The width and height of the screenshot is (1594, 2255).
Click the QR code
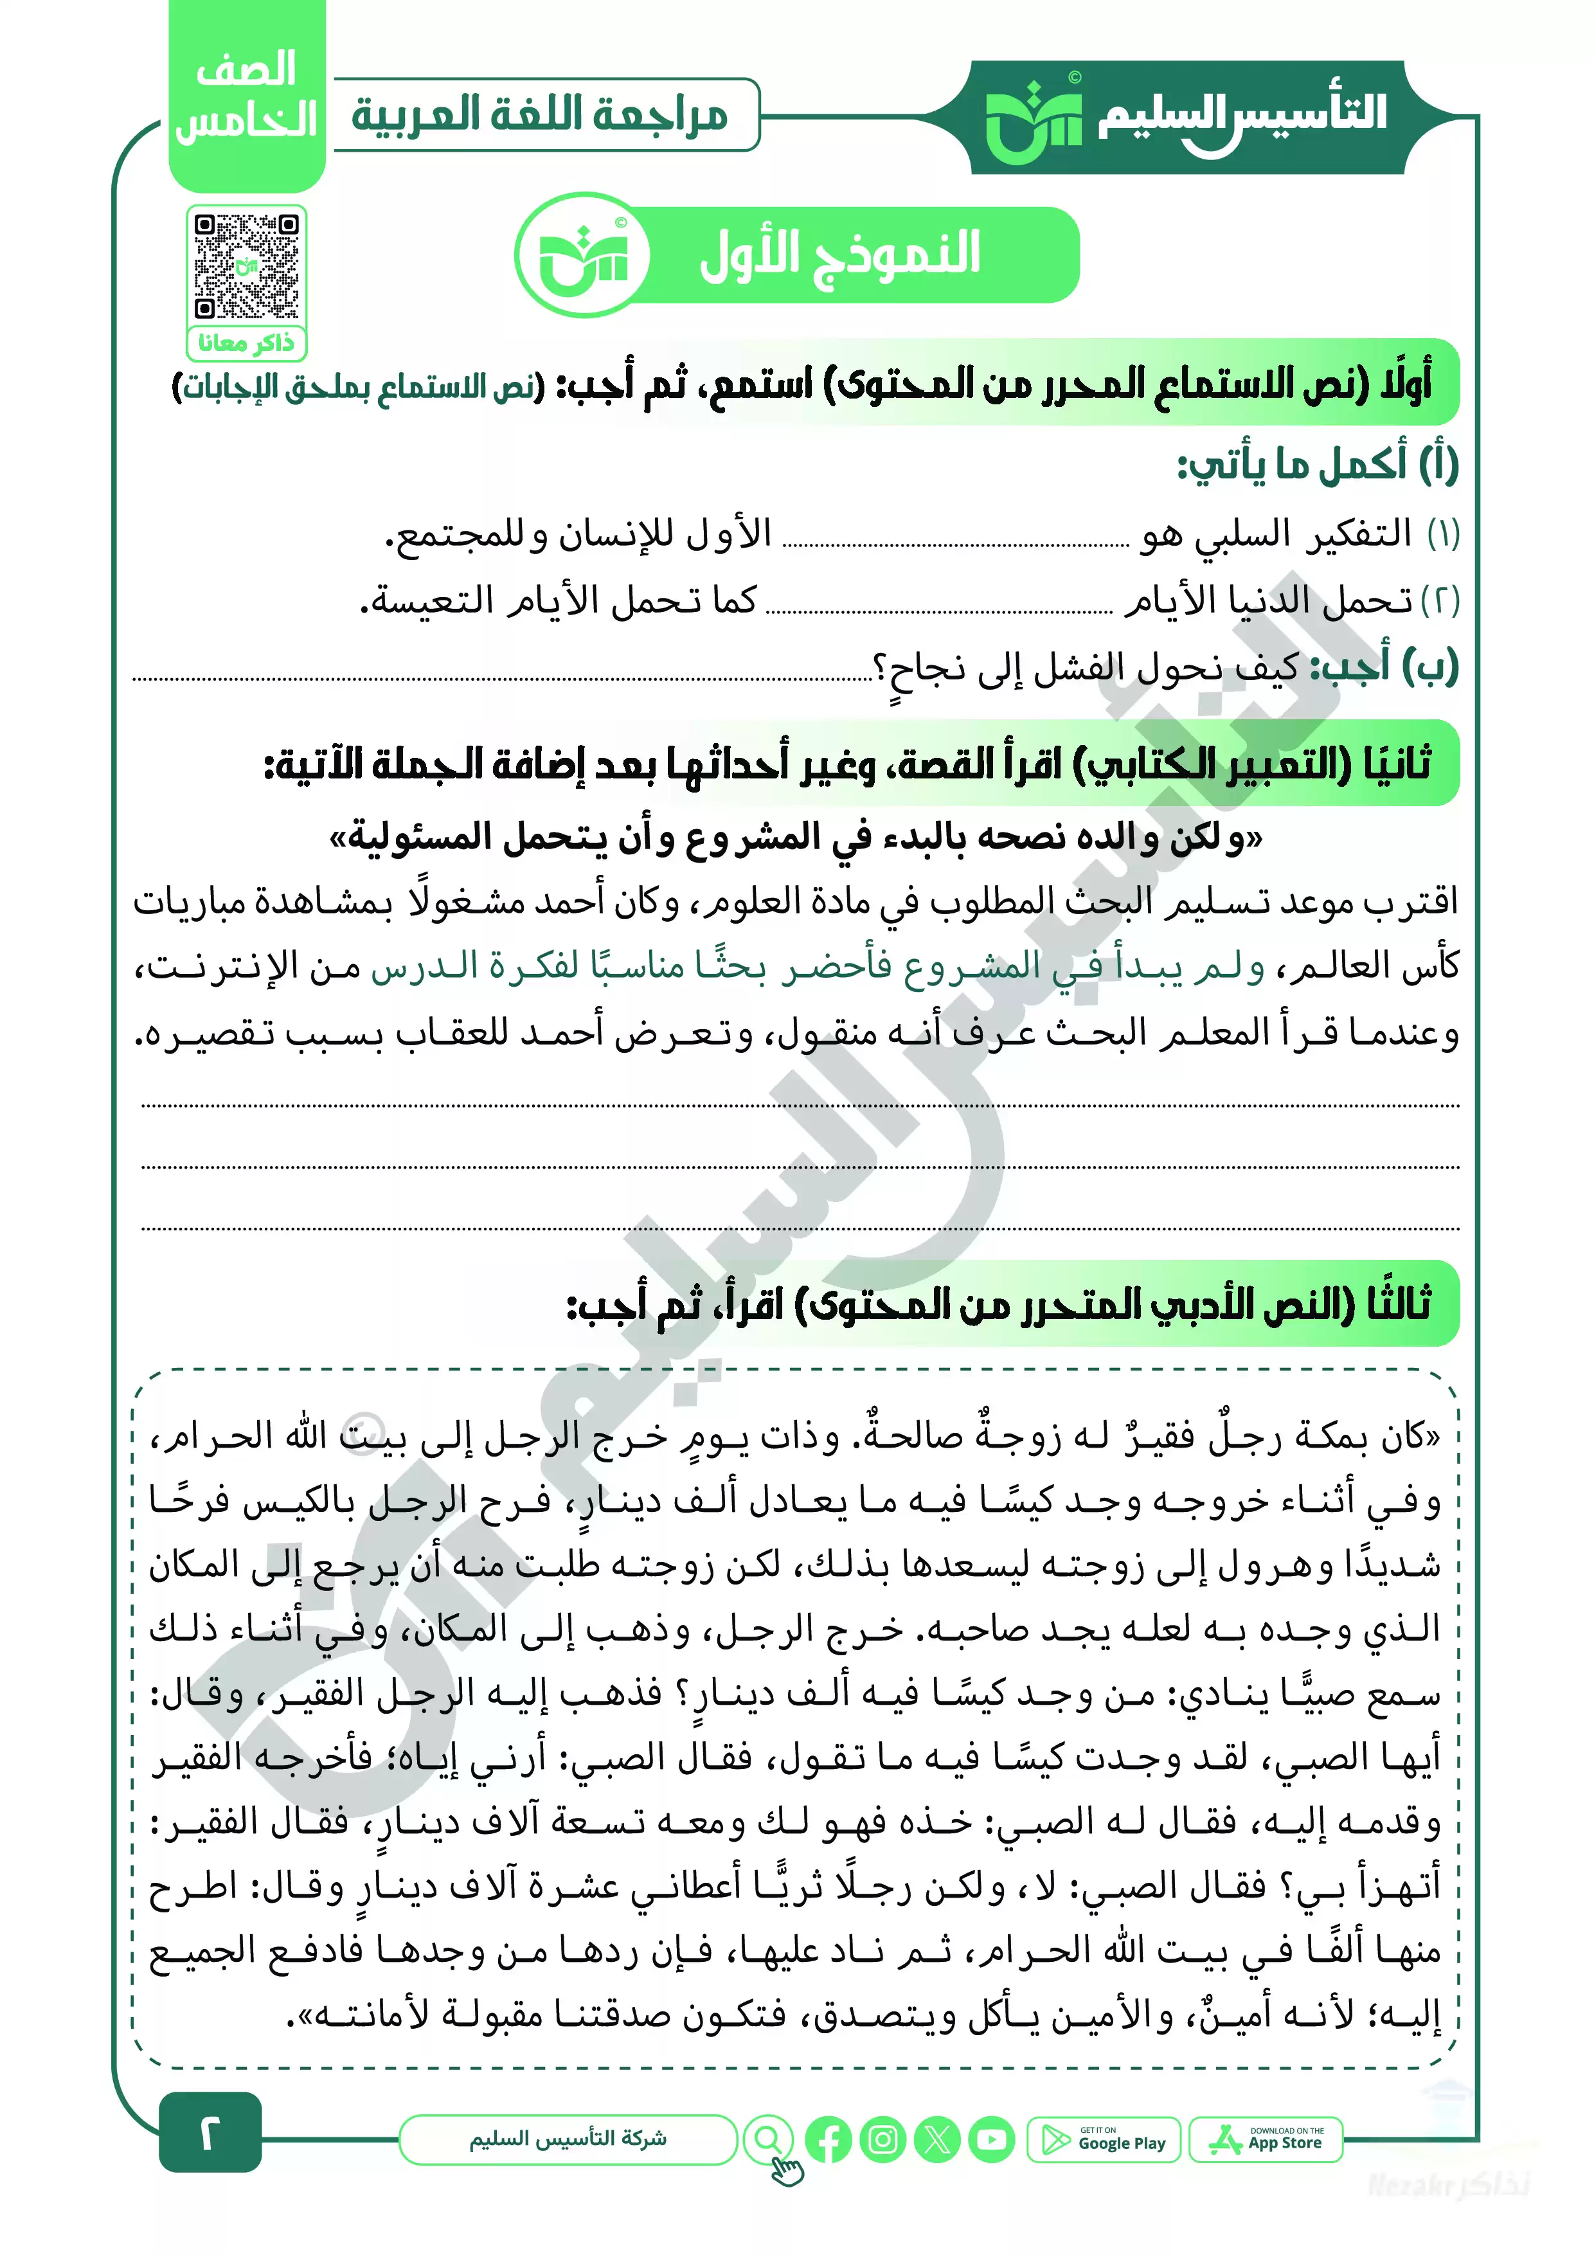[247, 266]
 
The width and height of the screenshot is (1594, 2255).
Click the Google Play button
[1104, 2139]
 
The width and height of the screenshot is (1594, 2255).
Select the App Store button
[1266, 2139]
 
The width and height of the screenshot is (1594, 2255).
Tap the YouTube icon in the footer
[991, 2140]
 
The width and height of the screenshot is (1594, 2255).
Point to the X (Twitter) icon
[937, 2140]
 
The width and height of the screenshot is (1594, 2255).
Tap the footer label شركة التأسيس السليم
[568, 2139]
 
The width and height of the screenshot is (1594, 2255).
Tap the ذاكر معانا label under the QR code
[247, 343]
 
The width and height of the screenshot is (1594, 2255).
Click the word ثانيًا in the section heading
[1397, 763]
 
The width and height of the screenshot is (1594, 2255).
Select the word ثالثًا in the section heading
[1397, 1303]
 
